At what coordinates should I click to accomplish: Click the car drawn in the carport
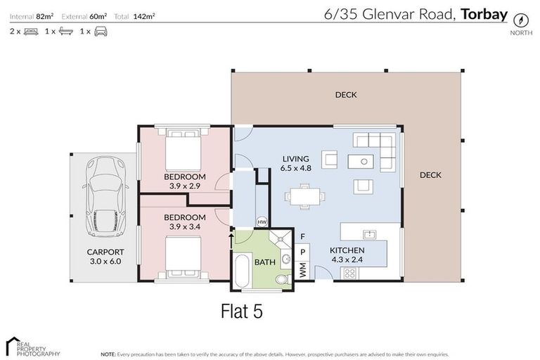(106, 197)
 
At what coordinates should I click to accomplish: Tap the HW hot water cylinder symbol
(262, 221)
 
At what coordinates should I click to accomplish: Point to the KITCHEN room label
(347, 250)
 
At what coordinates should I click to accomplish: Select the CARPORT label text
(105, 252)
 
